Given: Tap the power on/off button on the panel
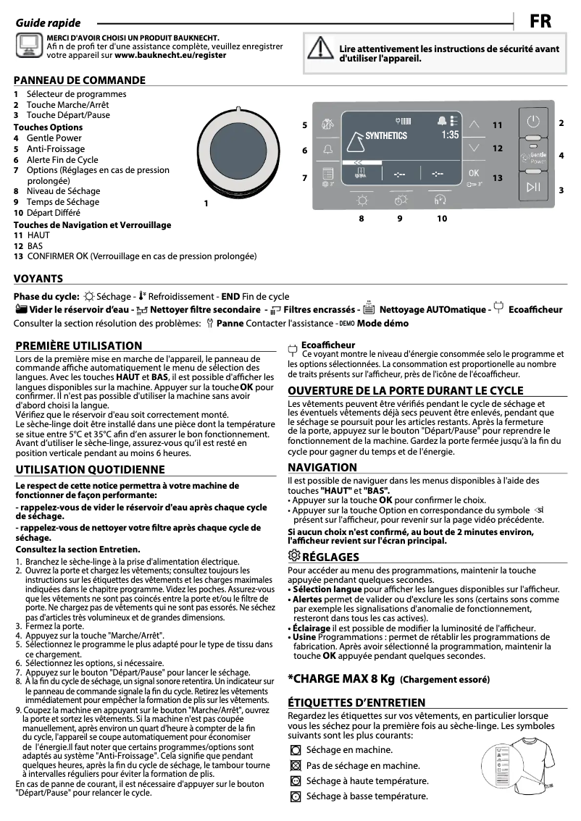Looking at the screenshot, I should [533, 121].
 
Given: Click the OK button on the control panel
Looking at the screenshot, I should [474, 174].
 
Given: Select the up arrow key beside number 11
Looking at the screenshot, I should [474, 124].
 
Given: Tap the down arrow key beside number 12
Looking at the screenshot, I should [474, 148].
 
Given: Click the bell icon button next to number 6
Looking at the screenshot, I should [327, 149].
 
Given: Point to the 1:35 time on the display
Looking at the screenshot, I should [450, 135].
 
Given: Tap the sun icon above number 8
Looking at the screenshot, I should [361, 198].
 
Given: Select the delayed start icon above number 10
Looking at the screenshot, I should [440, 198].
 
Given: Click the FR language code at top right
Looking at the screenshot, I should [540, 22].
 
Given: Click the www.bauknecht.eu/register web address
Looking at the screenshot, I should [170, 54].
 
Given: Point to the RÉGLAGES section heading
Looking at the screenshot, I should [330, 557].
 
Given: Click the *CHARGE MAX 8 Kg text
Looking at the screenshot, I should [341, 678].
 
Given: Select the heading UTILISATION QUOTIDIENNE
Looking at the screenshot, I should [90, 469].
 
